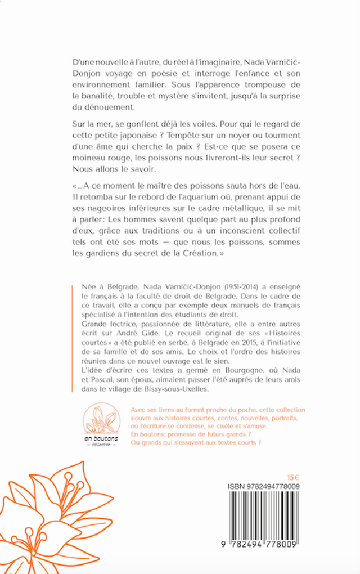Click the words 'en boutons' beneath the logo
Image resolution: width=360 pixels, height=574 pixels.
[x=102, y=438]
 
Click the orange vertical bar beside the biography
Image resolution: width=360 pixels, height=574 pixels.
[x=72, y=338]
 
